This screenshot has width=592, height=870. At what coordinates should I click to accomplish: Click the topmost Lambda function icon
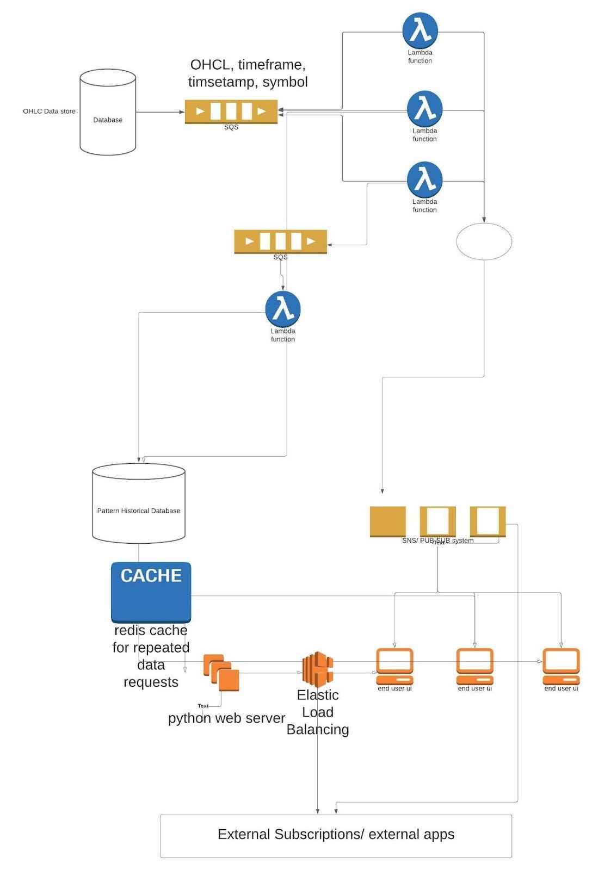click(x=420, y=30)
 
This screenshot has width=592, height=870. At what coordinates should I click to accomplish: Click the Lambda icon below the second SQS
click(x=283, y=308)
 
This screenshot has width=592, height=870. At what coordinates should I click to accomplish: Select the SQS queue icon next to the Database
click(x=231, y=111)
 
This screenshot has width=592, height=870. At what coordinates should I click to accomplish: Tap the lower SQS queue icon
click(x=280, y=241)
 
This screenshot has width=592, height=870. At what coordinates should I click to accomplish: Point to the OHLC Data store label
click(x=49, y=111)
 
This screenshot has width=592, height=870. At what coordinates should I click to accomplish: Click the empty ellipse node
click(x=484, y=241)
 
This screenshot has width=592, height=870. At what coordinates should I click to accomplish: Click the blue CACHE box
click(x=151, y=592)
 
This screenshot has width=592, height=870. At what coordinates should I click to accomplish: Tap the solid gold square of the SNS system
click(x=387, y=521)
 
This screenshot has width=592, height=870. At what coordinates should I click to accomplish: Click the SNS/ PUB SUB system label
click(x=437, y=540)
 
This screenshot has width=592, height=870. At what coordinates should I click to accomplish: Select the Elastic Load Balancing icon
click(x=318, y=669)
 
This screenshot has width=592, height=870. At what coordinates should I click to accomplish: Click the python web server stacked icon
click(x=221, y=673)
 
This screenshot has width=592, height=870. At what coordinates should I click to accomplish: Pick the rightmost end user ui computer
click(x=561, y=666)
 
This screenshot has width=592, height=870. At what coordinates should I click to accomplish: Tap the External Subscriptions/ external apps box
click(x=336, y=835)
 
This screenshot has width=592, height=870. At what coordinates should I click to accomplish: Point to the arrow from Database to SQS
click(x=160, y=112)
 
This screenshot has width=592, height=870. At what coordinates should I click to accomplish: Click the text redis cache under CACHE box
click(x=151, y=630)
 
